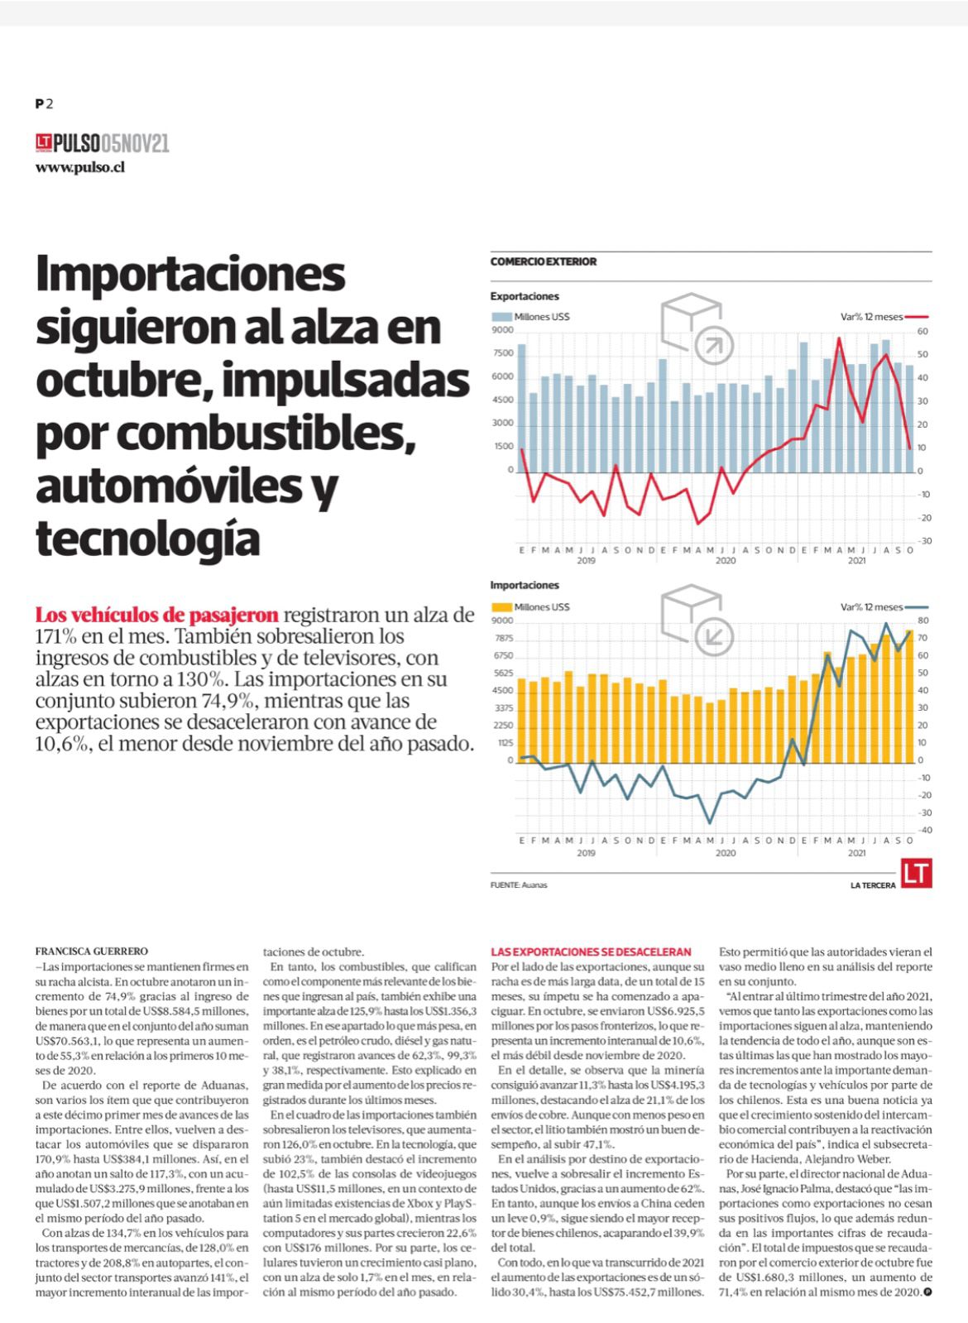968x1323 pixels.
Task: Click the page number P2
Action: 45,104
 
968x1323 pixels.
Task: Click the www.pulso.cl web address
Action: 79,168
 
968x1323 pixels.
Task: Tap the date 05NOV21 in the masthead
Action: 135,143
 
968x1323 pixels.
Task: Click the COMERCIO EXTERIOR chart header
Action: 544,261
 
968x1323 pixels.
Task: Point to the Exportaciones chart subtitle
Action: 525,296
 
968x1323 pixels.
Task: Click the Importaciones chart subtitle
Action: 525,585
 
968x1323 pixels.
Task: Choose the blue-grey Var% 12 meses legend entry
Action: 884,607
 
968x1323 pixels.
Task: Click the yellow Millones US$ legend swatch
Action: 501,607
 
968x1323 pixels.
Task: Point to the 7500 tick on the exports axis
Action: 503,353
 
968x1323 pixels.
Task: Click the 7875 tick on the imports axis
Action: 505,639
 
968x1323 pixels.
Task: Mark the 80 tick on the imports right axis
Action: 922,621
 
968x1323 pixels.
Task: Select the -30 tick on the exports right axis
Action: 924,541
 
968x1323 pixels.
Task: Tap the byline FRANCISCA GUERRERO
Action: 92,952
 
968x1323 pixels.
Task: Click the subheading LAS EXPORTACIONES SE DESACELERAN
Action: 591,952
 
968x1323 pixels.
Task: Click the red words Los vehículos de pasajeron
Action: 156,616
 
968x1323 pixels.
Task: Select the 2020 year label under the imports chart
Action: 726,853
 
